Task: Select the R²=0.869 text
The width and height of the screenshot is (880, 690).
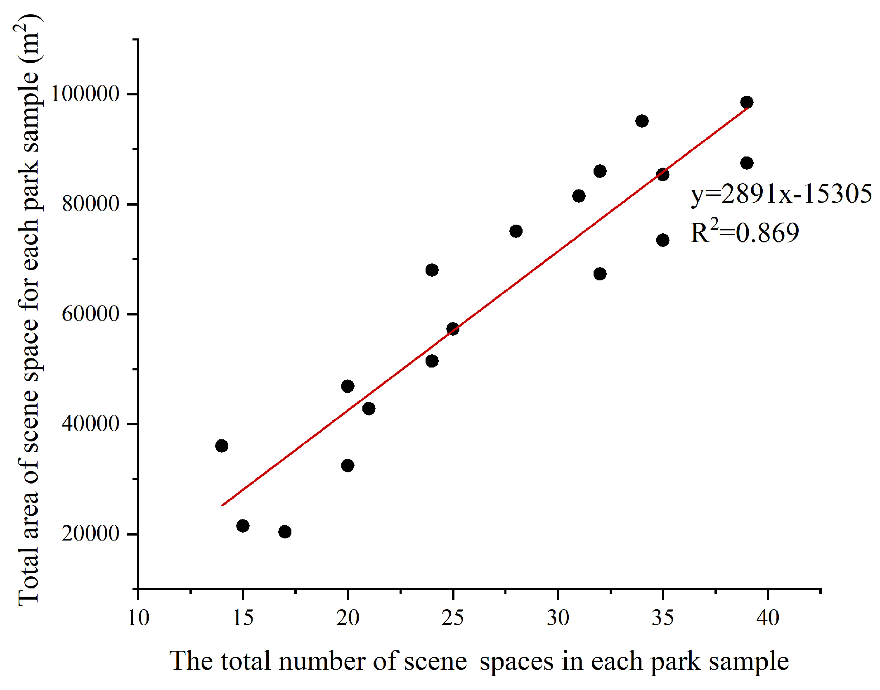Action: click(x=745, y=232)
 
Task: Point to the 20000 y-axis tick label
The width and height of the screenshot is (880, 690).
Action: click(x=90, y=534)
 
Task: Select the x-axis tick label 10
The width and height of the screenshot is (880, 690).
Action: click(x=138, y=618)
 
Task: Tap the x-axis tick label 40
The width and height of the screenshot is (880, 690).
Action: click(x=768, y=618)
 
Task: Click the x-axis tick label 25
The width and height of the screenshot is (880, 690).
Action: click(x=452, y=618)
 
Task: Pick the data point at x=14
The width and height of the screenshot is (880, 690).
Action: click(x=222, y=446)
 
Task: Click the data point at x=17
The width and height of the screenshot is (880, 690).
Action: click(x=285, y=531)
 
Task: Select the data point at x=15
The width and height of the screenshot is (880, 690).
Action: click(x=243, y=526)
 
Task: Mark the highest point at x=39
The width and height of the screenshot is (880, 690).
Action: click(x=747, y=102)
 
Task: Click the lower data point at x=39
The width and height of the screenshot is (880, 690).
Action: click(x=747, y=163)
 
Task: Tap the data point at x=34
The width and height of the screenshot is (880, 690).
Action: click(x=642, y=121)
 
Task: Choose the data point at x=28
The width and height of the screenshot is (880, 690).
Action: click(x=516, y=231)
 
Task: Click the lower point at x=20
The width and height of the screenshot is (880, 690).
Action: click(x=348, y=465)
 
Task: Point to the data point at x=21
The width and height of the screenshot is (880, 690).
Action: click(x=369, y=408)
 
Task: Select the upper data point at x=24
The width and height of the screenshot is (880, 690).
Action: click(x=432, y=270)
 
